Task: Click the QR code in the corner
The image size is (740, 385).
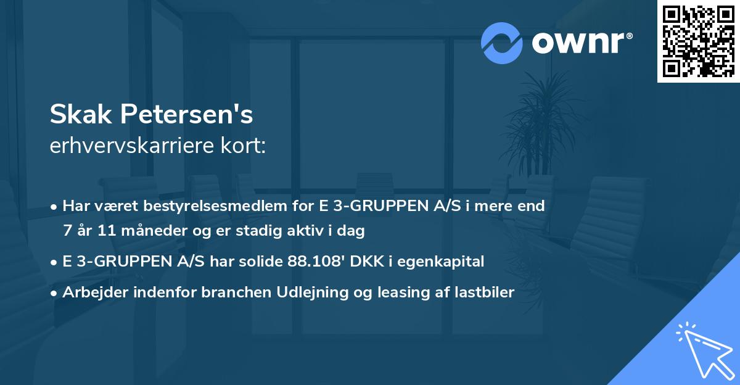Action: point(698,41)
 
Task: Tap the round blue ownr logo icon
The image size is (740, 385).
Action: point(502,43)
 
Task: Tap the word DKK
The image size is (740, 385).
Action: point(368,262)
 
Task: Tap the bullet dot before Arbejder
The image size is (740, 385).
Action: point(55,293)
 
